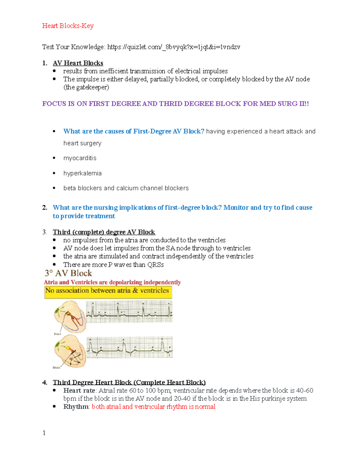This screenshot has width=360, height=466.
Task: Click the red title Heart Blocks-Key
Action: (x=68, y=26)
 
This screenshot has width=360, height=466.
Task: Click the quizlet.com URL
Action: (x=174, y=47)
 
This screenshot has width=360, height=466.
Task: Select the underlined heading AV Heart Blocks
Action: (x=78, y=63)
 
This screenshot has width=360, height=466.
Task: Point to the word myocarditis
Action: (x=80, y=158)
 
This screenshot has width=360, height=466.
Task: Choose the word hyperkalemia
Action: (x=82, y=173)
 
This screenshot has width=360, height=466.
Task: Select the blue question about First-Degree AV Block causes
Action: (x=134, y=131)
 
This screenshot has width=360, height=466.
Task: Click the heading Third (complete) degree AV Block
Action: (x=104, y=232)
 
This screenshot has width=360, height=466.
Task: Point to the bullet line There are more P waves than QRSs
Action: (x=113, y=265)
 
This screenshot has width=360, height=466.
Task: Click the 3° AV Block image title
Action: (x=68, y=273)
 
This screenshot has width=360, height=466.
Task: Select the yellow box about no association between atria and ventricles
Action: (x=108, y=292)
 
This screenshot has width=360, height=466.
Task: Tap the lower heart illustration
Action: (x=70, y=351)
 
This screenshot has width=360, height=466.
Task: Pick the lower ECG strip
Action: (x=130, y=347)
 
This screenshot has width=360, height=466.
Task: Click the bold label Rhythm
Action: (x=76, y=407)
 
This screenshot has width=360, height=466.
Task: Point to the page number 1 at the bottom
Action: (x=44, y=433)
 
